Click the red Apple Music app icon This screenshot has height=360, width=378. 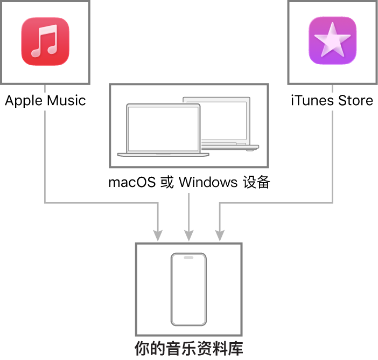[x=45, y=41]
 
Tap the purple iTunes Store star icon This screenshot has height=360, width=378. [x=332, y=41]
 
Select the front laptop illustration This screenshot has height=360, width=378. [x=163, y=129]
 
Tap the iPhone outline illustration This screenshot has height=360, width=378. [x=188, y=289]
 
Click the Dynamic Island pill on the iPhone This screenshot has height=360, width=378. [x=188, y=258]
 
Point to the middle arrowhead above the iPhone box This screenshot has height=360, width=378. [x=188, y=236]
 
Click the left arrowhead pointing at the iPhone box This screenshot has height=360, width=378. [x=158, y=236]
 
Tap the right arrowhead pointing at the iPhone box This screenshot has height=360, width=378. [x=220, y=236]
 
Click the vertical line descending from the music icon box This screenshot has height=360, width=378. [x=45, y=156]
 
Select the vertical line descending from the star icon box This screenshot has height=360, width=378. [x=332, y=156]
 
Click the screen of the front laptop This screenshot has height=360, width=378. [x=163, y=127]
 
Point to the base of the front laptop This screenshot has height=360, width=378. [x=163, y=155]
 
